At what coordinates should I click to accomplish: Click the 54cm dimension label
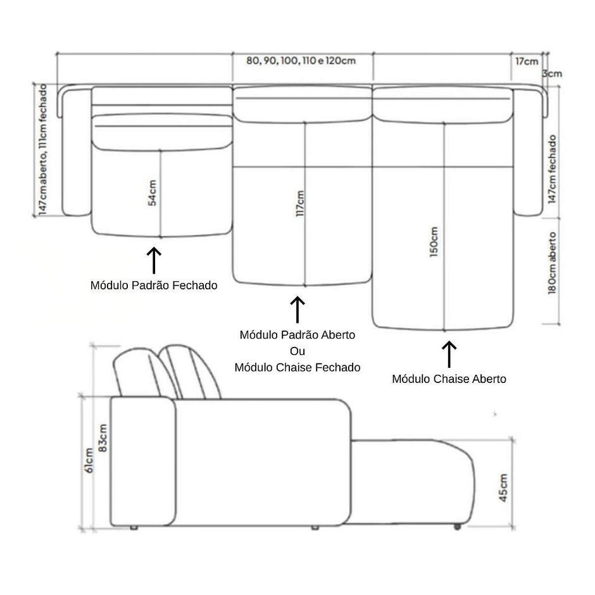[x=152, y=193]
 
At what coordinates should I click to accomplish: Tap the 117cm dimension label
[x=300, y=203]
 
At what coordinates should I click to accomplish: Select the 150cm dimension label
[x=434, y=242]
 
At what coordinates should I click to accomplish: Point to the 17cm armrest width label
[x=527, y=61]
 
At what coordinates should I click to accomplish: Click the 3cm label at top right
[x=552, y=73]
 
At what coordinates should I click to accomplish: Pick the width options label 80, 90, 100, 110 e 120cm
[x=301, y=61]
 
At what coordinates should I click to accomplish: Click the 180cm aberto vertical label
[x=552, y=263]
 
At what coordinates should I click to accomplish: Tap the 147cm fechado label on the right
[x=552, y=169]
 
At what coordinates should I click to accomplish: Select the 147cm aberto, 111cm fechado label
[x=43, y=149]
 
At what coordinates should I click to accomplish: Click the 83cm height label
[x=103, y=438]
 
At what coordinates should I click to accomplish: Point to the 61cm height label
[x=89, y=460]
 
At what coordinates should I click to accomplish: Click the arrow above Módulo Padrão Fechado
[x=154, y=260]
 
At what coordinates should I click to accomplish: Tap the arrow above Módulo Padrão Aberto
[x=297, y=310]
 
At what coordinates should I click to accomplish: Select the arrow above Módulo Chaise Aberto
[x=449, y=354]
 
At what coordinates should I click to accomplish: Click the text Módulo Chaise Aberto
[x=449, y=379]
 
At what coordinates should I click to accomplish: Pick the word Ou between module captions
[x=297, y=351]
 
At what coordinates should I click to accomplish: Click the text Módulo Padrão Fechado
[x=154, y=285]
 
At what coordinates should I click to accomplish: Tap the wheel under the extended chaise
[x=457, y=527]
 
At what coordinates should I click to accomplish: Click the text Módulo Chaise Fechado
[x=297, y=367]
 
